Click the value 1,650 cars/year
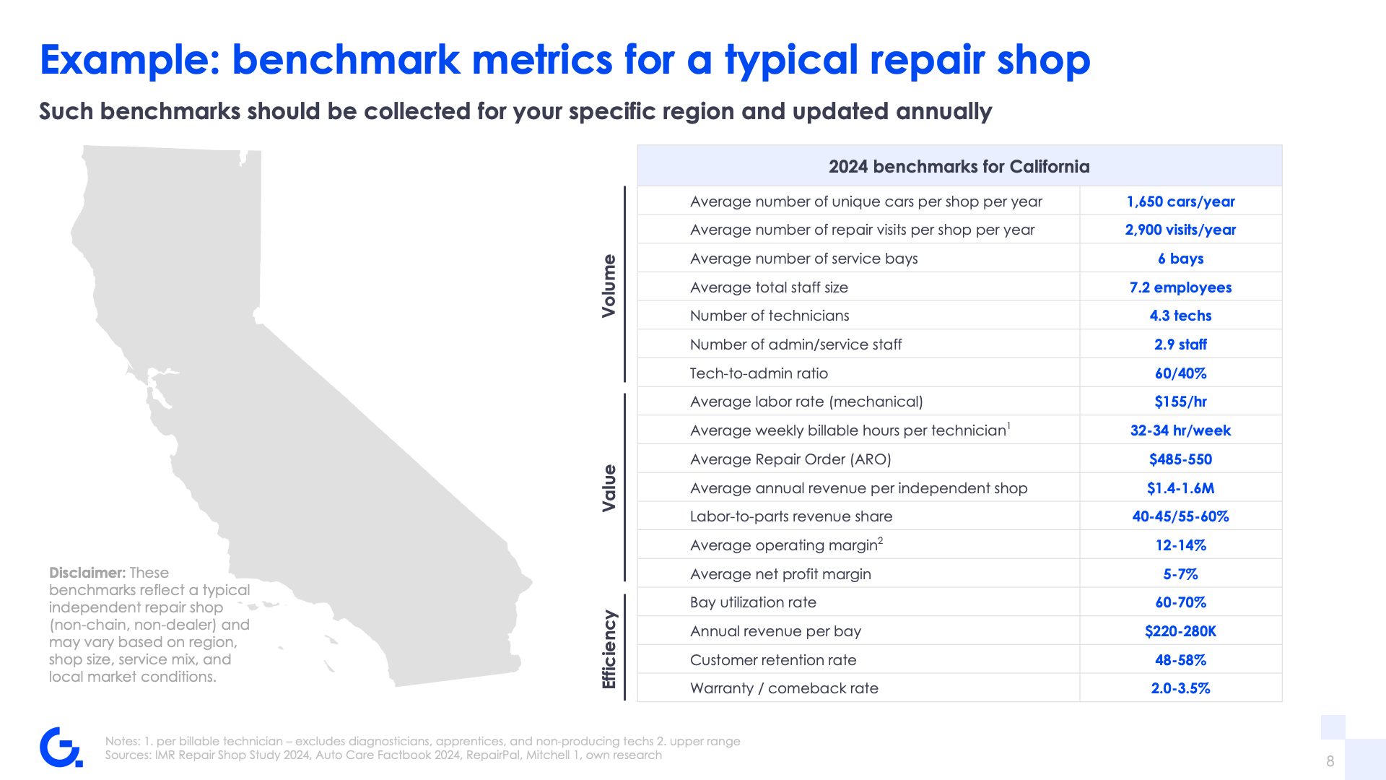pyautogui.click(x=1180, y=201)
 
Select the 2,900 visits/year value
pyautogui.click(x=1180, y=230)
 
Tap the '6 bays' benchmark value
pyautogui.click(x=1180, y=259)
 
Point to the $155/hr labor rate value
pyautogui.click(x=1180, y=402)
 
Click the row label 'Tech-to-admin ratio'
pyautogui.click(x=759, y=373)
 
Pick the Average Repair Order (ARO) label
pyautogui.click(x=790, y=459)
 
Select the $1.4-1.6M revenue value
pyautogui.click(x=1180, y=488)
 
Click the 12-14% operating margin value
pyautogui.click(x=1180, y=545)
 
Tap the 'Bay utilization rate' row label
pyautogui.click(x=753, y=602)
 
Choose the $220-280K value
pyautogui.click(x=1180, y=631)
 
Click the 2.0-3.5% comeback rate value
pyautogui.click(x=1180, y=688)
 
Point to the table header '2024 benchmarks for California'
pyautogui.click(x=959, y=167)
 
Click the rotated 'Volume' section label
pyautogui.click(x=609, y=286)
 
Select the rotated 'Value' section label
pyautogui.click(x=609, y=488)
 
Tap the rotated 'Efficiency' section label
pyautogui.click(x=609, y=649)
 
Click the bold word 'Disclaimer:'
pyautogui.click(x=87, y=573)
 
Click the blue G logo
pyautogui.click(x=61, y=747)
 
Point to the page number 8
pyautogui.click(x=1330, y=761)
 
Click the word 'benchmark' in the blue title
pyautogui.click(x=346, y=60)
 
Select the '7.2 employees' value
pyautogui.click(x=1180, y=287)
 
